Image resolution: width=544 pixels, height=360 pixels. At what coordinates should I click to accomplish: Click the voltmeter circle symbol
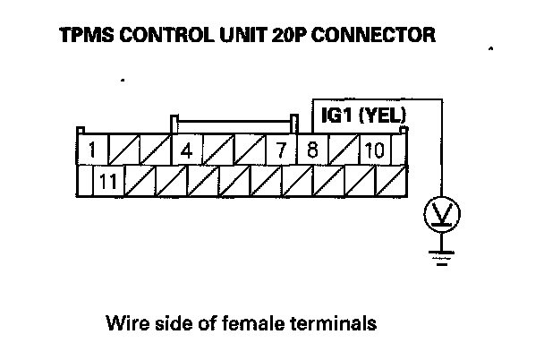tap(438, 213)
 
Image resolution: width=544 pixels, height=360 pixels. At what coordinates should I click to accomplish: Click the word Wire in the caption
tap(123, 321)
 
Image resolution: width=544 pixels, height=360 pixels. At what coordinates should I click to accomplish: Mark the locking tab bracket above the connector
tap(231, 116)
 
